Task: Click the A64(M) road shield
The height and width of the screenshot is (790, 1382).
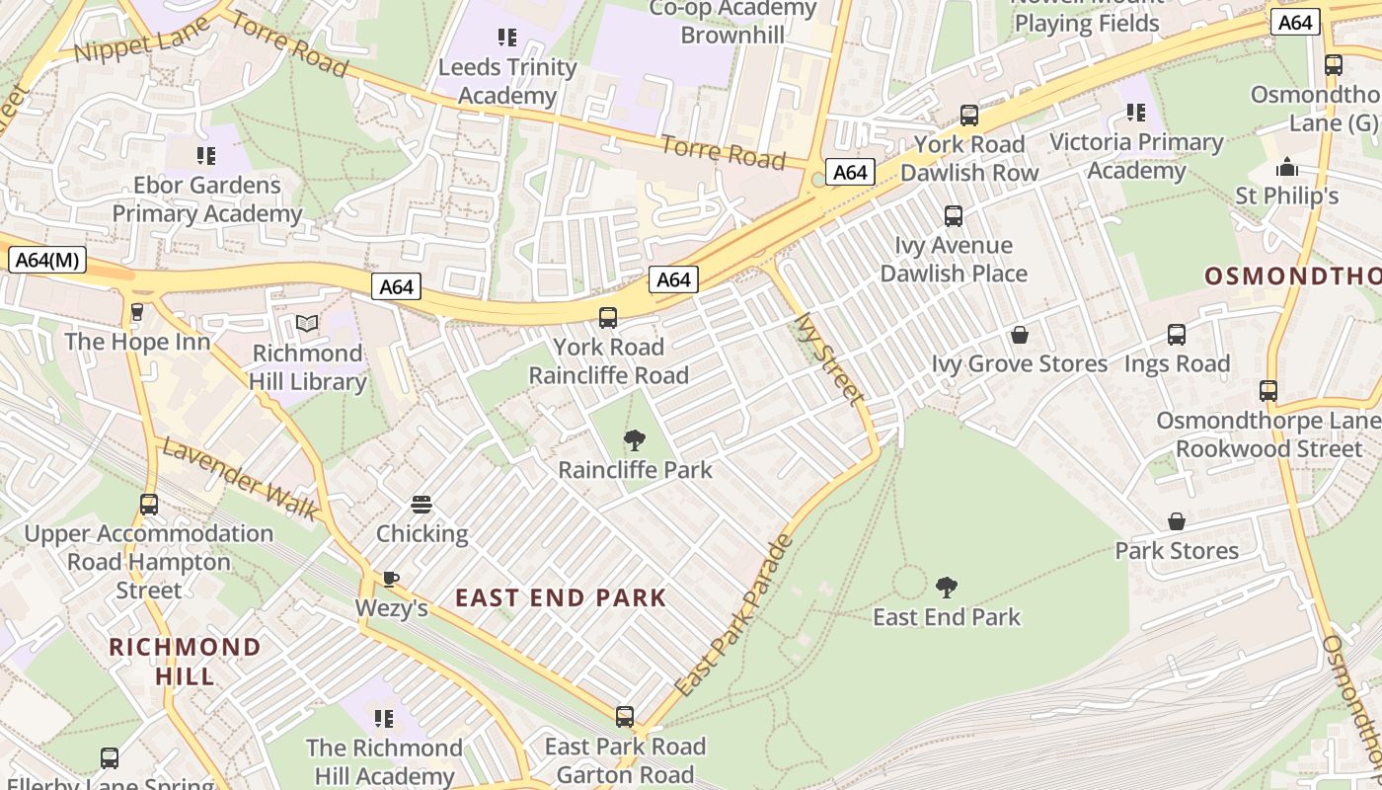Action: (x=47, y=261)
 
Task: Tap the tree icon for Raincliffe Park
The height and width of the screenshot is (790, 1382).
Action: (x=635, y=440)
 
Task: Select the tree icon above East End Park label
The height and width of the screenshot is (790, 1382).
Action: (x=947, y=588)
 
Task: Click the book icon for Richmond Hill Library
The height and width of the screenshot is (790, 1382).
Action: (x=307, y=324)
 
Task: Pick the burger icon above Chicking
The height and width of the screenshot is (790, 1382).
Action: (x=422, y=505)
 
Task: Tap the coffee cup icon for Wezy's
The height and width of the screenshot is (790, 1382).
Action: (x=391, y=579)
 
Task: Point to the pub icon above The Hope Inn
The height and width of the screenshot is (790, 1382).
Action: (x=137, y=312)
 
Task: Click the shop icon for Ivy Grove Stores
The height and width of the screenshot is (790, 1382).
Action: (x=1020, y=335)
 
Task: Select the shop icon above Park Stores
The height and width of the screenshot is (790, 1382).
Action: (x=1177, y=521)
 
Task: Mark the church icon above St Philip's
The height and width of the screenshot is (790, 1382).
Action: (x=1287, y=166)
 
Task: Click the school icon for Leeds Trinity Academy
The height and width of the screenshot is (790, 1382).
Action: (x=507, y=39)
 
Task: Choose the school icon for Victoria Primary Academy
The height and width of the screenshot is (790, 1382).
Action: (x=1136, y=113)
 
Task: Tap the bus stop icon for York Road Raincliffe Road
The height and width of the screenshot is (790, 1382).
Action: (x=608, y=318)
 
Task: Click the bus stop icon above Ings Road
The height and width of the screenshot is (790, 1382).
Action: (x=1177, y=335)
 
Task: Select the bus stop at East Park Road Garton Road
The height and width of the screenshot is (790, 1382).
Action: (x=625, y=717)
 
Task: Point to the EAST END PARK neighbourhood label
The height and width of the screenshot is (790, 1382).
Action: (x=561, y=597)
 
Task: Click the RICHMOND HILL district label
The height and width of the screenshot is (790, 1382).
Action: (x=185, y=662)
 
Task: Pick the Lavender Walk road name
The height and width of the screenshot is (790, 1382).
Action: (x=240, y=480)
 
